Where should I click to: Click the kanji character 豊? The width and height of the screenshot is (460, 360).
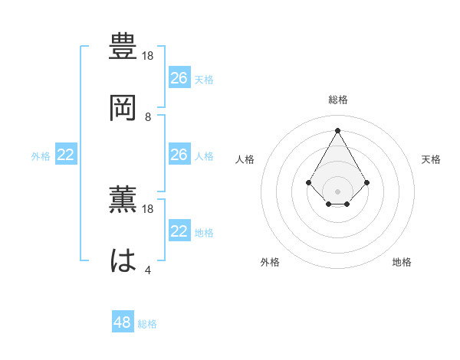123,47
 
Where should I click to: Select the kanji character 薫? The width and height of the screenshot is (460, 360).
123,200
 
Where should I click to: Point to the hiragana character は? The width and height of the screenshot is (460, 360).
123,260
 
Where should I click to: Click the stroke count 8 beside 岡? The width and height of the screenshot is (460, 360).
148,117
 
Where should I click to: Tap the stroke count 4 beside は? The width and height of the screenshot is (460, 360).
148,270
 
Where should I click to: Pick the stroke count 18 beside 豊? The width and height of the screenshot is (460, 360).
149,57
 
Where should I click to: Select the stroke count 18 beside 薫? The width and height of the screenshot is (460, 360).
149,209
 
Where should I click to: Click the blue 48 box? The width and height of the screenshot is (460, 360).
123,322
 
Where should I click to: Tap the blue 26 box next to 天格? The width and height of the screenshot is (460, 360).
179,78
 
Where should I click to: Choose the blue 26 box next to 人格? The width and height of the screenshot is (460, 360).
179,155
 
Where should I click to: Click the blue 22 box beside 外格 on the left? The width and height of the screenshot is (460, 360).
66,155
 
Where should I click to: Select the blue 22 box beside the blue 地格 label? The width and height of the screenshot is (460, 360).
179,231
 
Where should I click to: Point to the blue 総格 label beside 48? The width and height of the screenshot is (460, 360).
147,324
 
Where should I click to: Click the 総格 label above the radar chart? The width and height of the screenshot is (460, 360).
337,100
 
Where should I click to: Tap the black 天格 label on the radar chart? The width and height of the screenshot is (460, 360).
431,159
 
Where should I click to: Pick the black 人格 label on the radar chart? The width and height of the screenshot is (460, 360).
245,159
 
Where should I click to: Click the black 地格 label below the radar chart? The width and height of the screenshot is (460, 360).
402,262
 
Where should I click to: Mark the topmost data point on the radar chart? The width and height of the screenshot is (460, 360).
337,129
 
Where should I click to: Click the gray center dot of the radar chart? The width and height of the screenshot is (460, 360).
337,191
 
